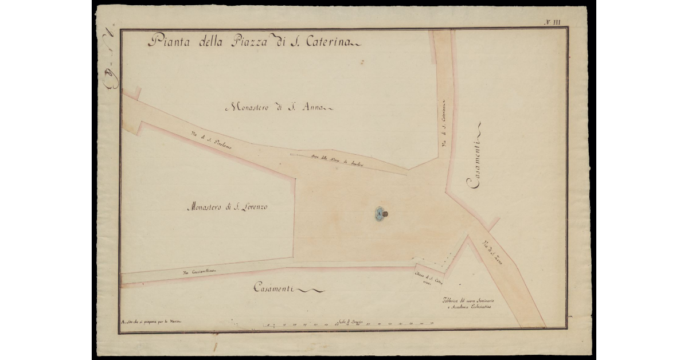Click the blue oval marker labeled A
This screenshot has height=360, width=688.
coord(379,214)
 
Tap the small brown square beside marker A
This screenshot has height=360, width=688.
coord(386,214)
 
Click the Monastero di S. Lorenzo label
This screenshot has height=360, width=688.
coord(227,207)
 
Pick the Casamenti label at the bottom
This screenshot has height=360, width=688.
coord(273,289)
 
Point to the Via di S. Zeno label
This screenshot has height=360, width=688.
coord(494,251)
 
